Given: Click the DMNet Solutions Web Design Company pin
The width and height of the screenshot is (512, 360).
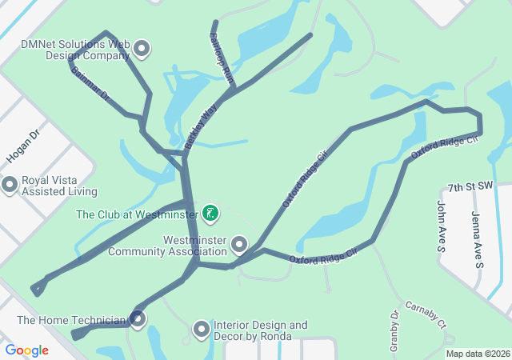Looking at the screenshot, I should click(142, 49).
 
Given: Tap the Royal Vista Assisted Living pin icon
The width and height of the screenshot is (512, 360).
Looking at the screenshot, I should click(10, 185).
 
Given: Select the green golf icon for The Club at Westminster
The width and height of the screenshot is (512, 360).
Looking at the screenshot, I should click(210, 212).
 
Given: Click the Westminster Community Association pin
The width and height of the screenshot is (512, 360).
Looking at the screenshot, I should click(238, 243).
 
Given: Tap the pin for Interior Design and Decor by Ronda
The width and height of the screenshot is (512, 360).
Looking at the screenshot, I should click(202, 328).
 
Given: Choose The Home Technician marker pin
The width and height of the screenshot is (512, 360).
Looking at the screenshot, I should click(138, 319).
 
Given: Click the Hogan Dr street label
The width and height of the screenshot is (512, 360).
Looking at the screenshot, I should click(22, 147).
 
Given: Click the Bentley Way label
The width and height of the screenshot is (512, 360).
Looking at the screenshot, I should click(201, 128).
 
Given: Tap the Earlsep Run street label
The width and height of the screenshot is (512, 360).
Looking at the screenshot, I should click(221, 58).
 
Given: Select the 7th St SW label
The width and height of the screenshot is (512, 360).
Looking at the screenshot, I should click(470, 186).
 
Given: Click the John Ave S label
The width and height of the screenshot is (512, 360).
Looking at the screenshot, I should click(441, 227).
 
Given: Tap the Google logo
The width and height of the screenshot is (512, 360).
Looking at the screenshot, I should click(26, 350).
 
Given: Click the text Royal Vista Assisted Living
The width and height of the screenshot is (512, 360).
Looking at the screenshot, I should click(59, 186).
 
